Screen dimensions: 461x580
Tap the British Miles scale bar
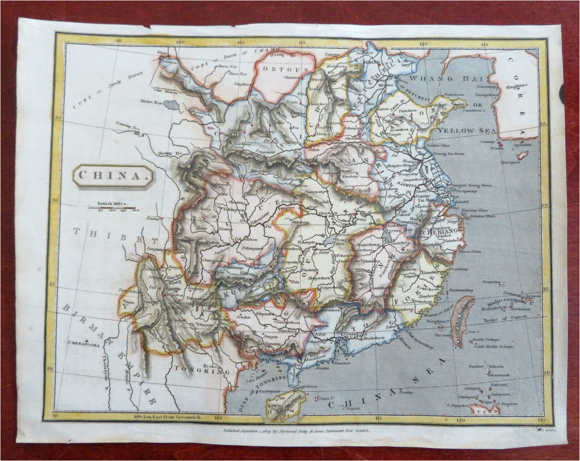(112, 208)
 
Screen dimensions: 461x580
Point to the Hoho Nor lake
(170, 105)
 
